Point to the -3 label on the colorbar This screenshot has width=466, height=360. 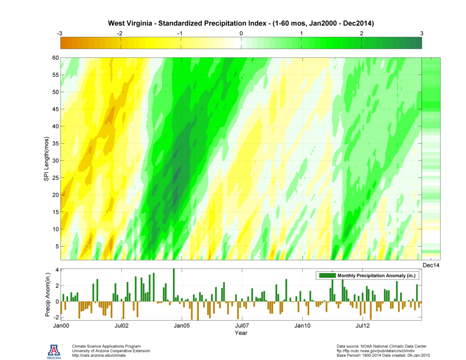point(60,33)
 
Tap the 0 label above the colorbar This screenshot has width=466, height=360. point(241,33)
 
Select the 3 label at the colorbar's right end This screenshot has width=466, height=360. point(422,33)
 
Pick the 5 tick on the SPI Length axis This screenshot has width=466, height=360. point(55,246)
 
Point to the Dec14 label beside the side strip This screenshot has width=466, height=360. point(431,265)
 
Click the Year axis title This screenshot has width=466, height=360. point(241,333)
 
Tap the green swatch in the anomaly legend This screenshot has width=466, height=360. point(327,276)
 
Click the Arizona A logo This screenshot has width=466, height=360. point(54,351)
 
